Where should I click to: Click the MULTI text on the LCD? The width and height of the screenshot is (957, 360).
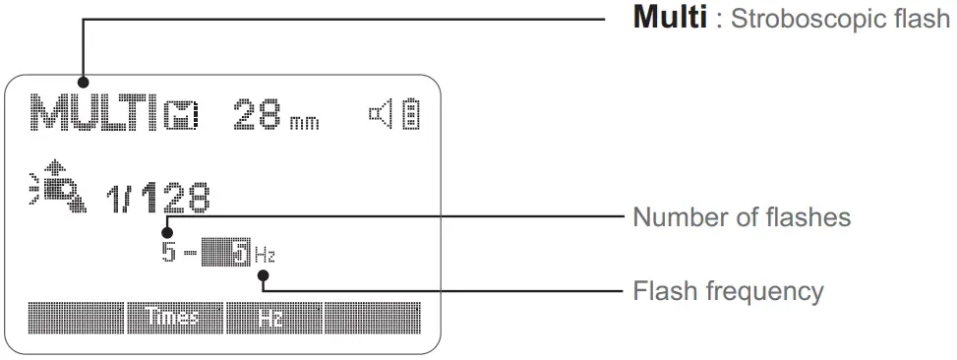pyautogui.click(x=94, y=113)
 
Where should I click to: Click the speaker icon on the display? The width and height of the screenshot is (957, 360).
pyautogui.click(x=381, y=114)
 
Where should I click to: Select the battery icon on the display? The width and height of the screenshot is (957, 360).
pyautogui.click(x=409, y=115)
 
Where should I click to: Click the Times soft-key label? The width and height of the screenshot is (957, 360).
pyautogui.click(x=173, y=317)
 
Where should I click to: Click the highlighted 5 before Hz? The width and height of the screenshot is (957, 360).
pyautogui.click(x=241, y=254)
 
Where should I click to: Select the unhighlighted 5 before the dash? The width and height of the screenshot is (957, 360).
pyautogui.click(x=169, y=254)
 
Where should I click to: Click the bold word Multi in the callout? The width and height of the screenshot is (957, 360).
pyautogui.click(x=669, y=19)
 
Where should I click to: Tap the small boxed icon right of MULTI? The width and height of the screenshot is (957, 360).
pyautogui.click(x=182, y=116)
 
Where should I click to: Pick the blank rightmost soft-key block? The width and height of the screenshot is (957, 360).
pyautogui.click(x=372, y=317)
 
